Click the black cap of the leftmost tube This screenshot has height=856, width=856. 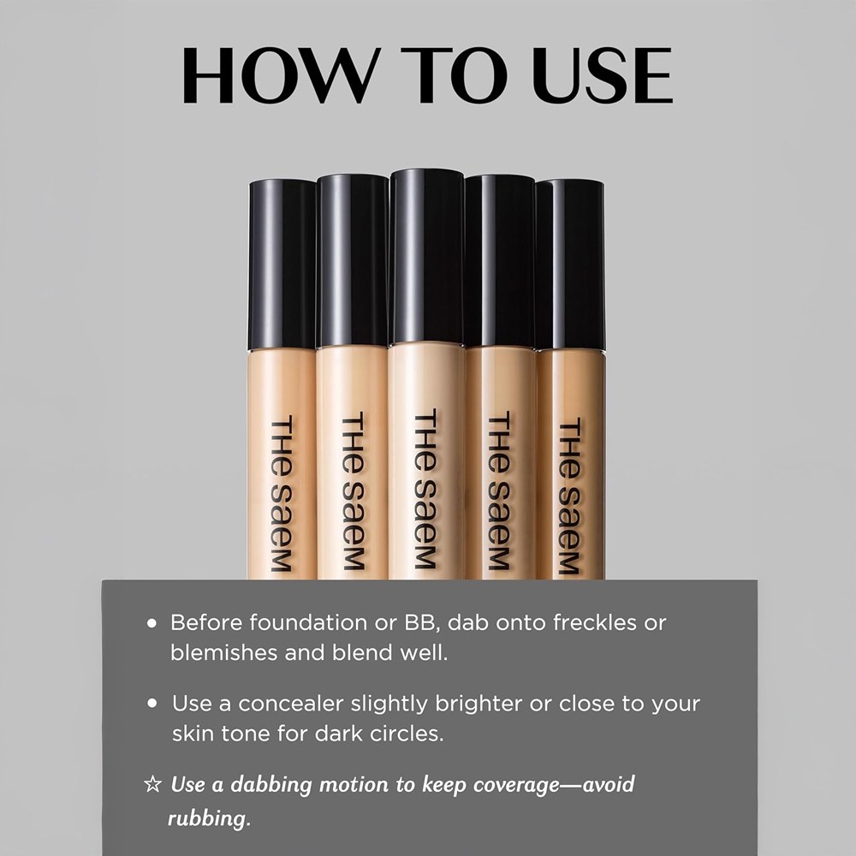pyautogui.click(x=282, y=265)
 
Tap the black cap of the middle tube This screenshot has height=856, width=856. pyautogui.click(x=427, y=257)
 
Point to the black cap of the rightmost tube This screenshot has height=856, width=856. pyautogui.click(x=570, y=265)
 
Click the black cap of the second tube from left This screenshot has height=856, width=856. pyautogui.click(x=353, y=260)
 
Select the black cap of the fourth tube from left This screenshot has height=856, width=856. pyautogui.click(x=499, y=261)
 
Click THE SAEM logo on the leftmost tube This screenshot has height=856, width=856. pyautogui.click(x=282, y=494)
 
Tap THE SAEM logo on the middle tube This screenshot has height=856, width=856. pyautogui.click(x=425, y=489)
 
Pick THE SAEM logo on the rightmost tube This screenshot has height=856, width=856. pyautogui.click(x=569, y=496)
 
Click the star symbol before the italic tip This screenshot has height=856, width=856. pyautogui.click(x=153, y=784)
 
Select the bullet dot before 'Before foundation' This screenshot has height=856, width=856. pyautogui.click(x=152, y=623)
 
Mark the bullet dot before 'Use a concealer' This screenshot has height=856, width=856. pyautogui.click(x=152, y=704)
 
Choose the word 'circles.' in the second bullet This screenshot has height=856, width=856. pyautogui.click(x=407, y=734)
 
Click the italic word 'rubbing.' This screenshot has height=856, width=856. pyautogui.click(x=209, y=818)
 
